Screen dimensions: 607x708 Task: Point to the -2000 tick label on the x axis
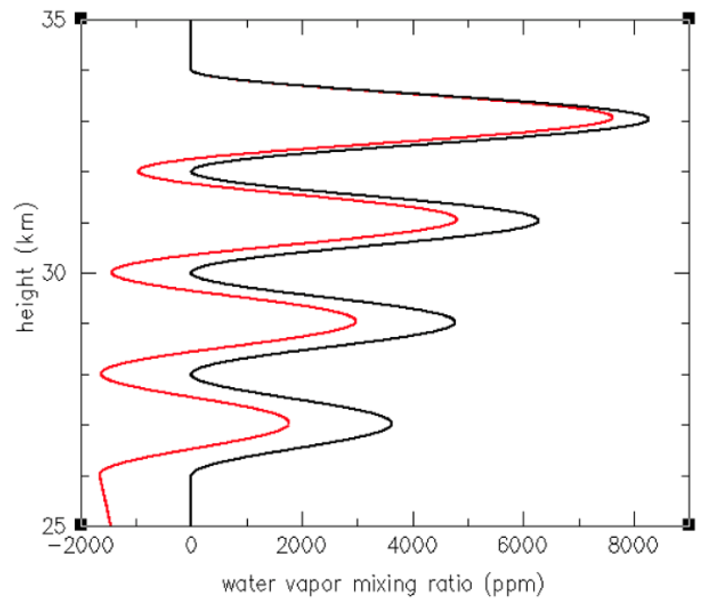(x=80, y=545)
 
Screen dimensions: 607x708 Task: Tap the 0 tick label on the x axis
(x=191, y=545)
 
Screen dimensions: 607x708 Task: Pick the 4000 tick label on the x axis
(x=412, y=545)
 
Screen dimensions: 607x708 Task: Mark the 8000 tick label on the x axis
(x=633, y=545)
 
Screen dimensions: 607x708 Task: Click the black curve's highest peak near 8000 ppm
(x=648, y=119)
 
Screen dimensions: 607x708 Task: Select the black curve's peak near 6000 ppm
(x=538, y=220)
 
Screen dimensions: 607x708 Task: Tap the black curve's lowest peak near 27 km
(x=391, y=423)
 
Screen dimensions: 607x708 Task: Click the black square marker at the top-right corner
(x=688, y=18)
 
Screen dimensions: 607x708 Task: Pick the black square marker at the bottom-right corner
(x=688, y=524)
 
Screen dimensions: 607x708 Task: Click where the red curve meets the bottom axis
(x=111, y=526)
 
